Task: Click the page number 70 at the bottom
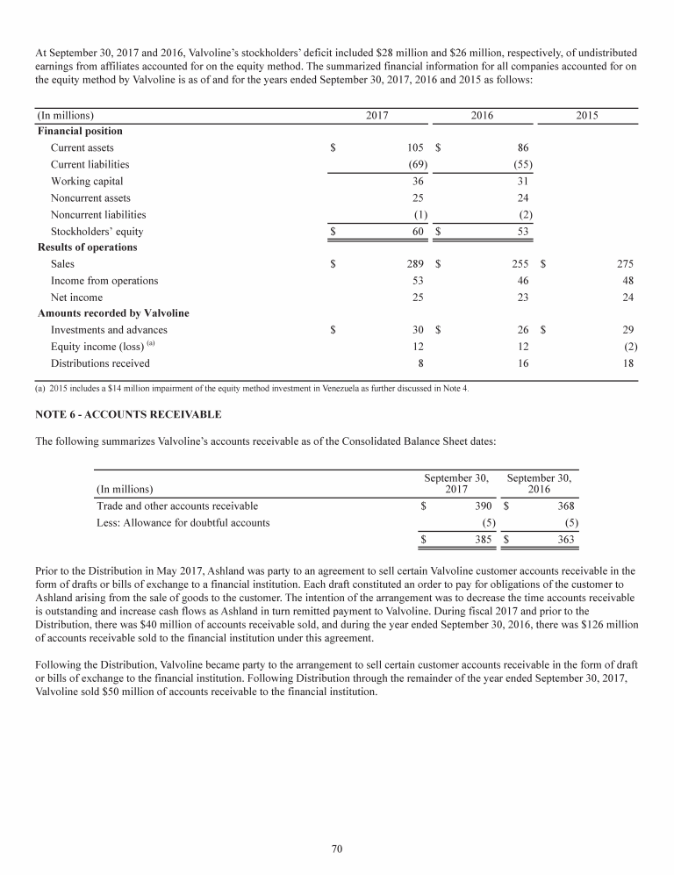coord(337,848)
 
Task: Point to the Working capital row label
coord(87,182)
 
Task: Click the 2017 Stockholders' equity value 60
coord(417,232)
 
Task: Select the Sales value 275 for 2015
coord(624,263)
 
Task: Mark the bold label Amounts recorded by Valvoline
coord(113,313)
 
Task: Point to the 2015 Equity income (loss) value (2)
coord(629,347)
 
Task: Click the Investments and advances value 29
coord(627,330)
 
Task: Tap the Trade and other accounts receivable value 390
coord(482,506)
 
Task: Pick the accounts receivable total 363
coord(565,541)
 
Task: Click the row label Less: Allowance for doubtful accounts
coord(183,523)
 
